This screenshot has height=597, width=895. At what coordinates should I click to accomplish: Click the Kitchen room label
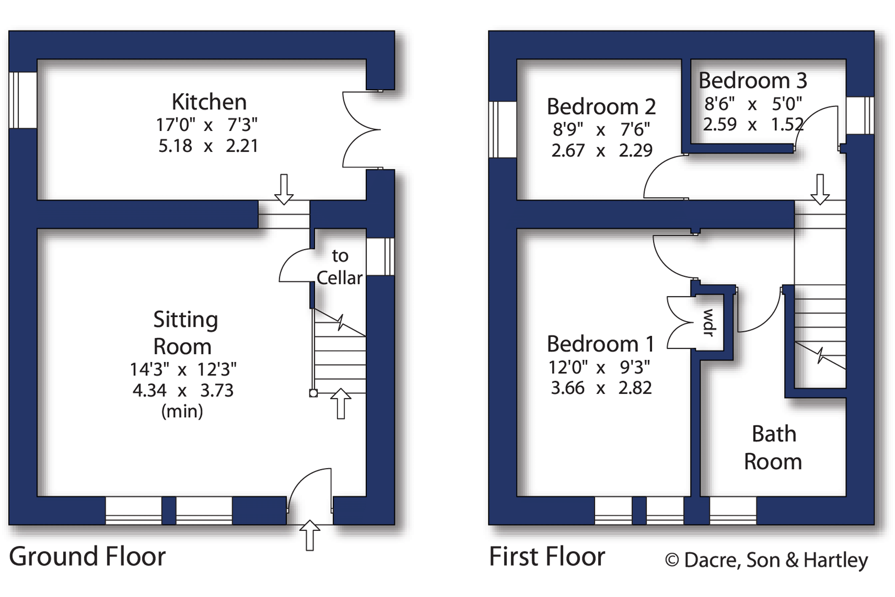tap(209, 102)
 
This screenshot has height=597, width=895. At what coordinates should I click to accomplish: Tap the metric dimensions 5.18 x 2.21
tap(208, 146)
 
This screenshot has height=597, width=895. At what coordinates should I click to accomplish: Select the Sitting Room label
tap(184, 333)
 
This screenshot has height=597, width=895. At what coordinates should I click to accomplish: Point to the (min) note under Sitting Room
tap(182, 411)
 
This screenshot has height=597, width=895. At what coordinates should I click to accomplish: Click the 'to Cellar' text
tap(339, 267)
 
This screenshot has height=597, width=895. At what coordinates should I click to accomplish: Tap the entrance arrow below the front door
tap(310, 535)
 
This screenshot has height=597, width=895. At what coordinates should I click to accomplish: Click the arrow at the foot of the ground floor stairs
tap(341, 403)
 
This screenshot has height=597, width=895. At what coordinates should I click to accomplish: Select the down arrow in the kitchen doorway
tap(284, 189)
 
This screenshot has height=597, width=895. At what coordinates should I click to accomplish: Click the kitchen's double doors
tap(361, 129)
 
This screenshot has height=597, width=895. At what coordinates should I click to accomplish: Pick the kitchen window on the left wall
tap(23, 100)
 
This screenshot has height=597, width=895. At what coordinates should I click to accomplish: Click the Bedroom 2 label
tap(601, 107)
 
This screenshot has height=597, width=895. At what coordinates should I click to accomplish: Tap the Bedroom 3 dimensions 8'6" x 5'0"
tap(753, 103)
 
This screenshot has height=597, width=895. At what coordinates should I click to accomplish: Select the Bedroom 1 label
tap(600, 344)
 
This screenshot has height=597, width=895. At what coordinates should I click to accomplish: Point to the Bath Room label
tap(773, 448)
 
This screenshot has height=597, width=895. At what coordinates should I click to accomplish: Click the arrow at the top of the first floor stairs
tap(820, 189)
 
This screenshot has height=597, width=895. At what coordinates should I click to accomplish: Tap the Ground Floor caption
tap(87, 557)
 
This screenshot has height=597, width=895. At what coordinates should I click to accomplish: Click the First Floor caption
tap(547, 557)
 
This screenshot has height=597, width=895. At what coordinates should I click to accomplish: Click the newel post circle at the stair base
tap(313, 394)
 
